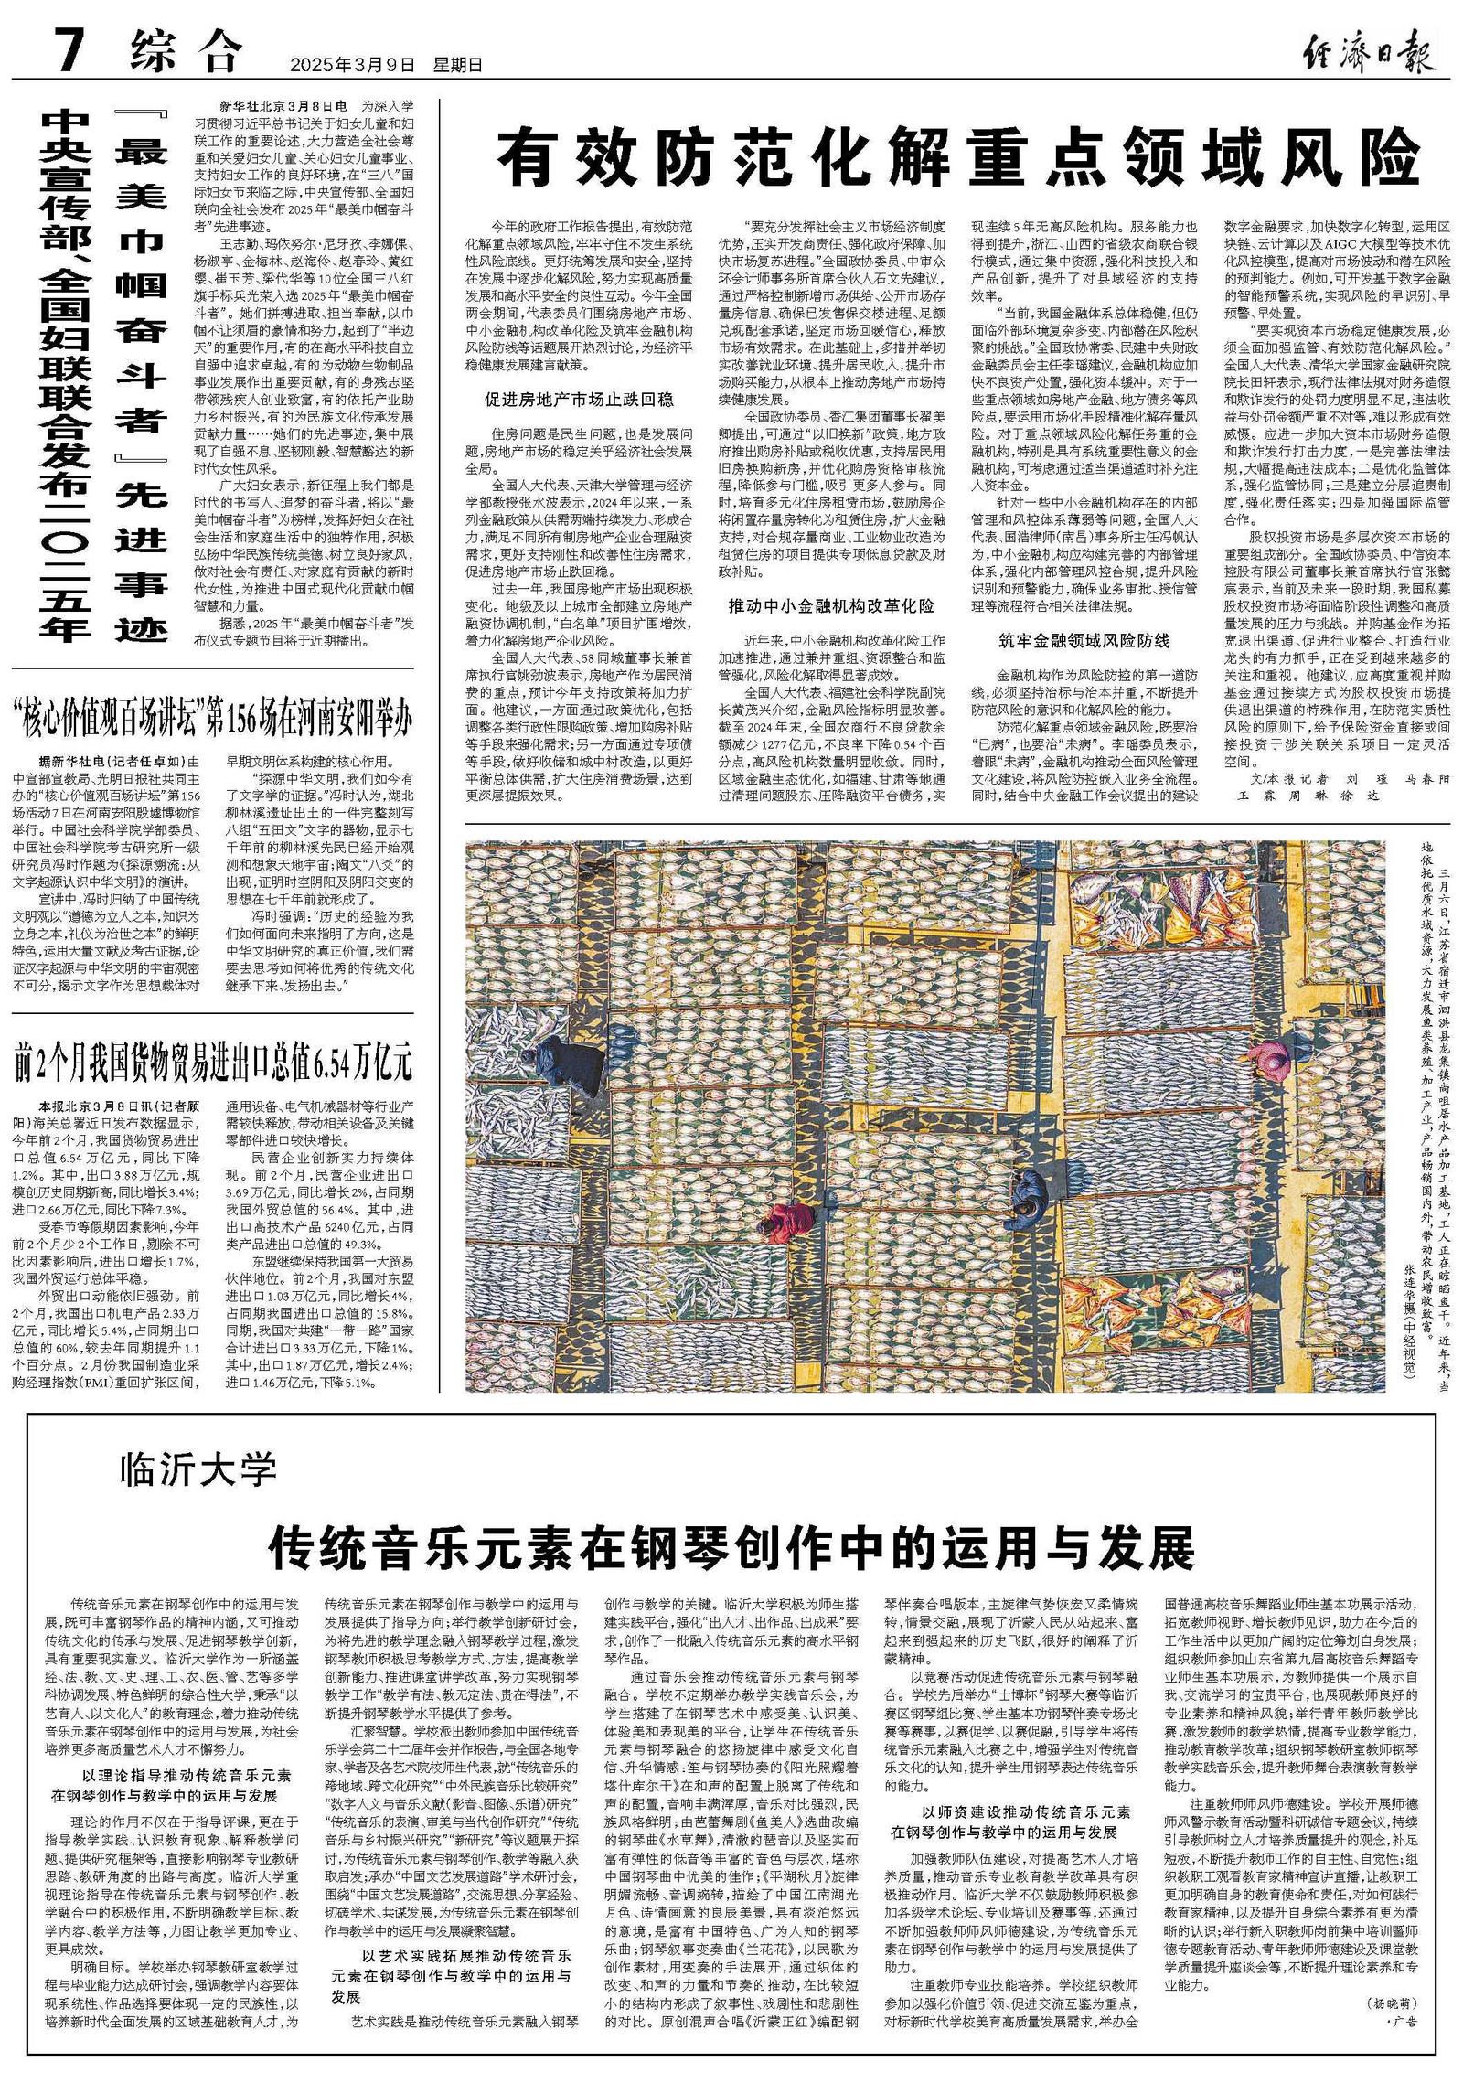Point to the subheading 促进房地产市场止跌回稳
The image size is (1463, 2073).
[x=579, y=400]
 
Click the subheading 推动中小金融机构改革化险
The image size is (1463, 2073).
[x=831, y=606]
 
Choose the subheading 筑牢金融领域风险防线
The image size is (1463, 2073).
[x=1084, y=640]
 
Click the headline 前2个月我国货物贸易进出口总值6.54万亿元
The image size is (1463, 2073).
[x=212, y=1063]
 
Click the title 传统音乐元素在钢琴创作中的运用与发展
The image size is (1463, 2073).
[x=731, y=1548]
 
